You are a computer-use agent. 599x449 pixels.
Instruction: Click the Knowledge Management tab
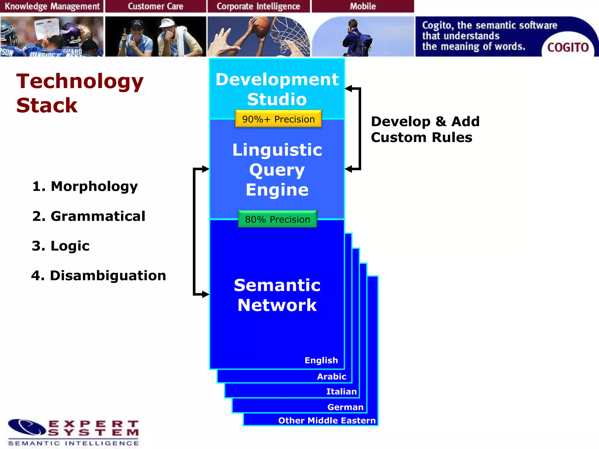tap(52, 6)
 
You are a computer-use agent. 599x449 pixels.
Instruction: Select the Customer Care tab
tap(155, 6)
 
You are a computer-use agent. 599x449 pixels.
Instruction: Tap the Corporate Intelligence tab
tap(258, 6)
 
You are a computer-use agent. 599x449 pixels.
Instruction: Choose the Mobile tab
tap(363, 6)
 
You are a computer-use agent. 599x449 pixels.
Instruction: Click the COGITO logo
tap(568, 47)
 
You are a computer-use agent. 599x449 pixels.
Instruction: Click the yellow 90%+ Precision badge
tap(278, 119)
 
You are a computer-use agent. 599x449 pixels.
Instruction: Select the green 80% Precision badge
tap(277, 219)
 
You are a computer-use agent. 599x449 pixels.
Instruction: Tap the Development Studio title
tap(277, 89)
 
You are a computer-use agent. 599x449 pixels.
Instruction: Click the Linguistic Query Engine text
tap(277, 170)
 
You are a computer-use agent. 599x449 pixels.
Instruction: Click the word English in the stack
tap(321, 360)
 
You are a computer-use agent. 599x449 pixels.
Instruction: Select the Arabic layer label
tap(332, 376)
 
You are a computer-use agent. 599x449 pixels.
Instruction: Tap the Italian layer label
tap(341, 391)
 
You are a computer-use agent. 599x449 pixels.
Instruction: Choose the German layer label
tap(345, 407)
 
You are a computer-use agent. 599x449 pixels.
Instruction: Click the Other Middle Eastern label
tap(327, 420)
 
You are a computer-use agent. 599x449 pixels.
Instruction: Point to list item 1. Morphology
tap(85, 186)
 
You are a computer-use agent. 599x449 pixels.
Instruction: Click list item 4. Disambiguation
tap(99, 275)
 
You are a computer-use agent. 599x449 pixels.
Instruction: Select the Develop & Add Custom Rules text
tap(425, 129)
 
